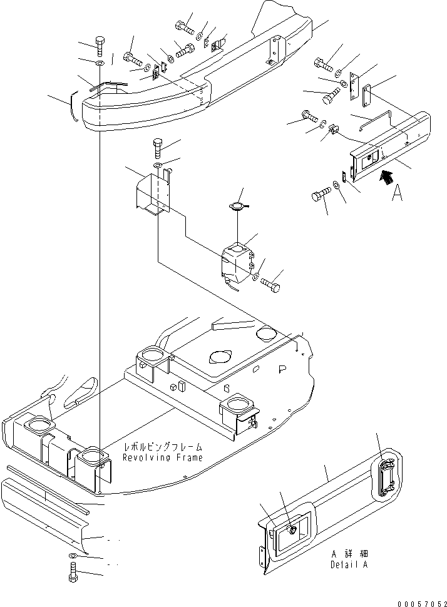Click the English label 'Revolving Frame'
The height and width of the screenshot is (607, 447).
162,457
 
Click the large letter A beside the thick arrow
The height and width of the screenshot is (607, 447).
396,195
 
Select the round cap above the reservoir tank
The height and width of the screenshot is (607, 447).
237,207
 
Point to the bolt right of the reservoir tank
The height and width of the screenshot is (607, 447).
270,284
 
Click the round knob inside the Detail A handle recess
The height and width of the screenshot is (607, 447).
292,529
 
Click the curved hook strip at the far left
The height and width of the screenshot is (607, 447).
72,106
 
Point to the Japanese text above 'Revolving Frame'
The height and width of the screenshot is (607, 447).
163,447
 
